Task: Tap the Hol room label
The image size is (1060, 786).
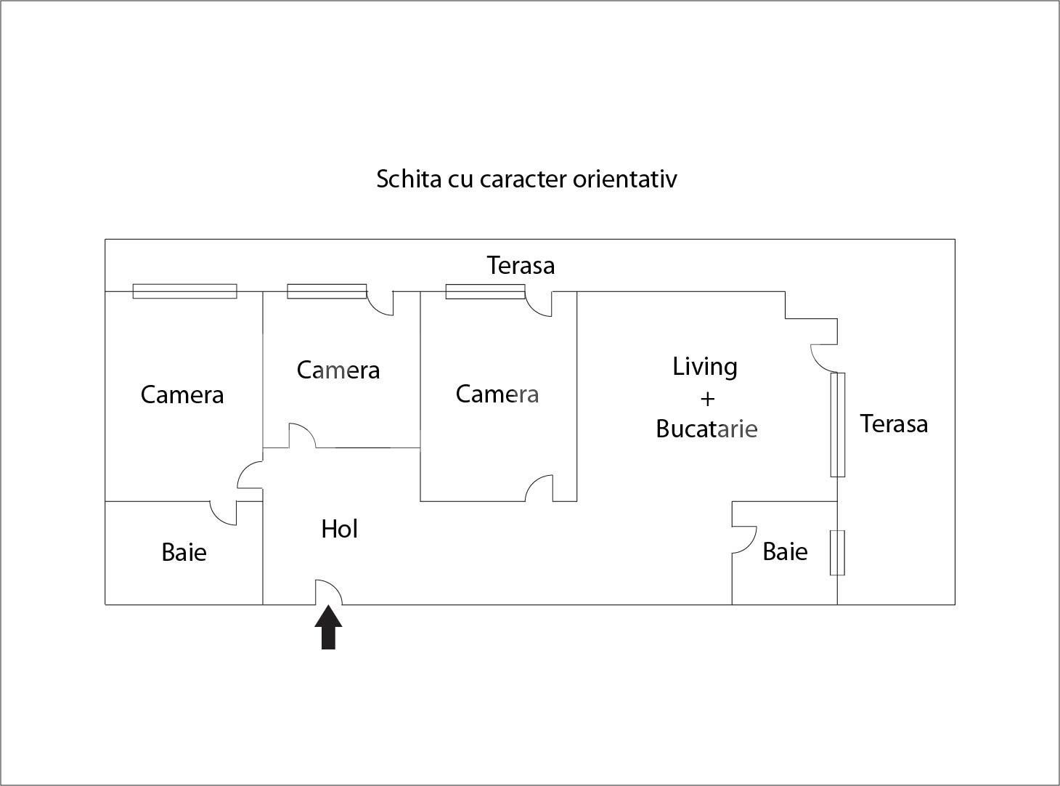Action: tap(340, 529)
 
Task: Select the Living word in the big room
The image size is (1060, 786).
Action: tap(705, 367)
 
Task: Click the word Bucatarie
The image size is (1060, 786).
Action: tap(706, 429)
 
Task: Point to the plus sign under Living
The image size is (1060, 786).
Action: tap(706, 398)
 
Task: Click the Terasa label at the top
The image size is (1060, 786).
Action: tap(521, 265)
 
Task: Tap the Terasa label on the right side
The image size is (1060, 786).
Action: tap(894, 424)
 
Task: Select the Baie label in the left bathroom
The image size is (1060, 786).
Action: tap(184, 552)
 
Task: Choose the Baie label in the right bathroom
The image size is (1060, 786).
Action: tap(785, 551)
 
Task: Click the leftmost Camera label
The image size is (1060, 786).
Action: tap(182, 394)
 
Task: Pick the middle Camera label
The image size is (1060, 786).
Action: tap(338, 370)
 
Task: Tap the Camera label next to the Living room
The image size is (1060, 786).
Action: tap(497, 394)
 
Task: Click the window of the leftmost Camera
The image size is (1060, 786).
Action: tap(184, 291)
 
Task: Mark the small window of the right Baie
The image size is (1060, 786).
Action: tap(837, 553)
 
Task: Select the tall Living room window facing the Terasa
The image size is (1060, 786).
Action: tap(838, 424)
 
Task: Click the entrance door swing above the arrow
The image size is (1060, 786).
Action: tap(328, 592)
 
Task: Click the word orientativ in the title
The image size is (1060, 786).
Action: tap(624, 179)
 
